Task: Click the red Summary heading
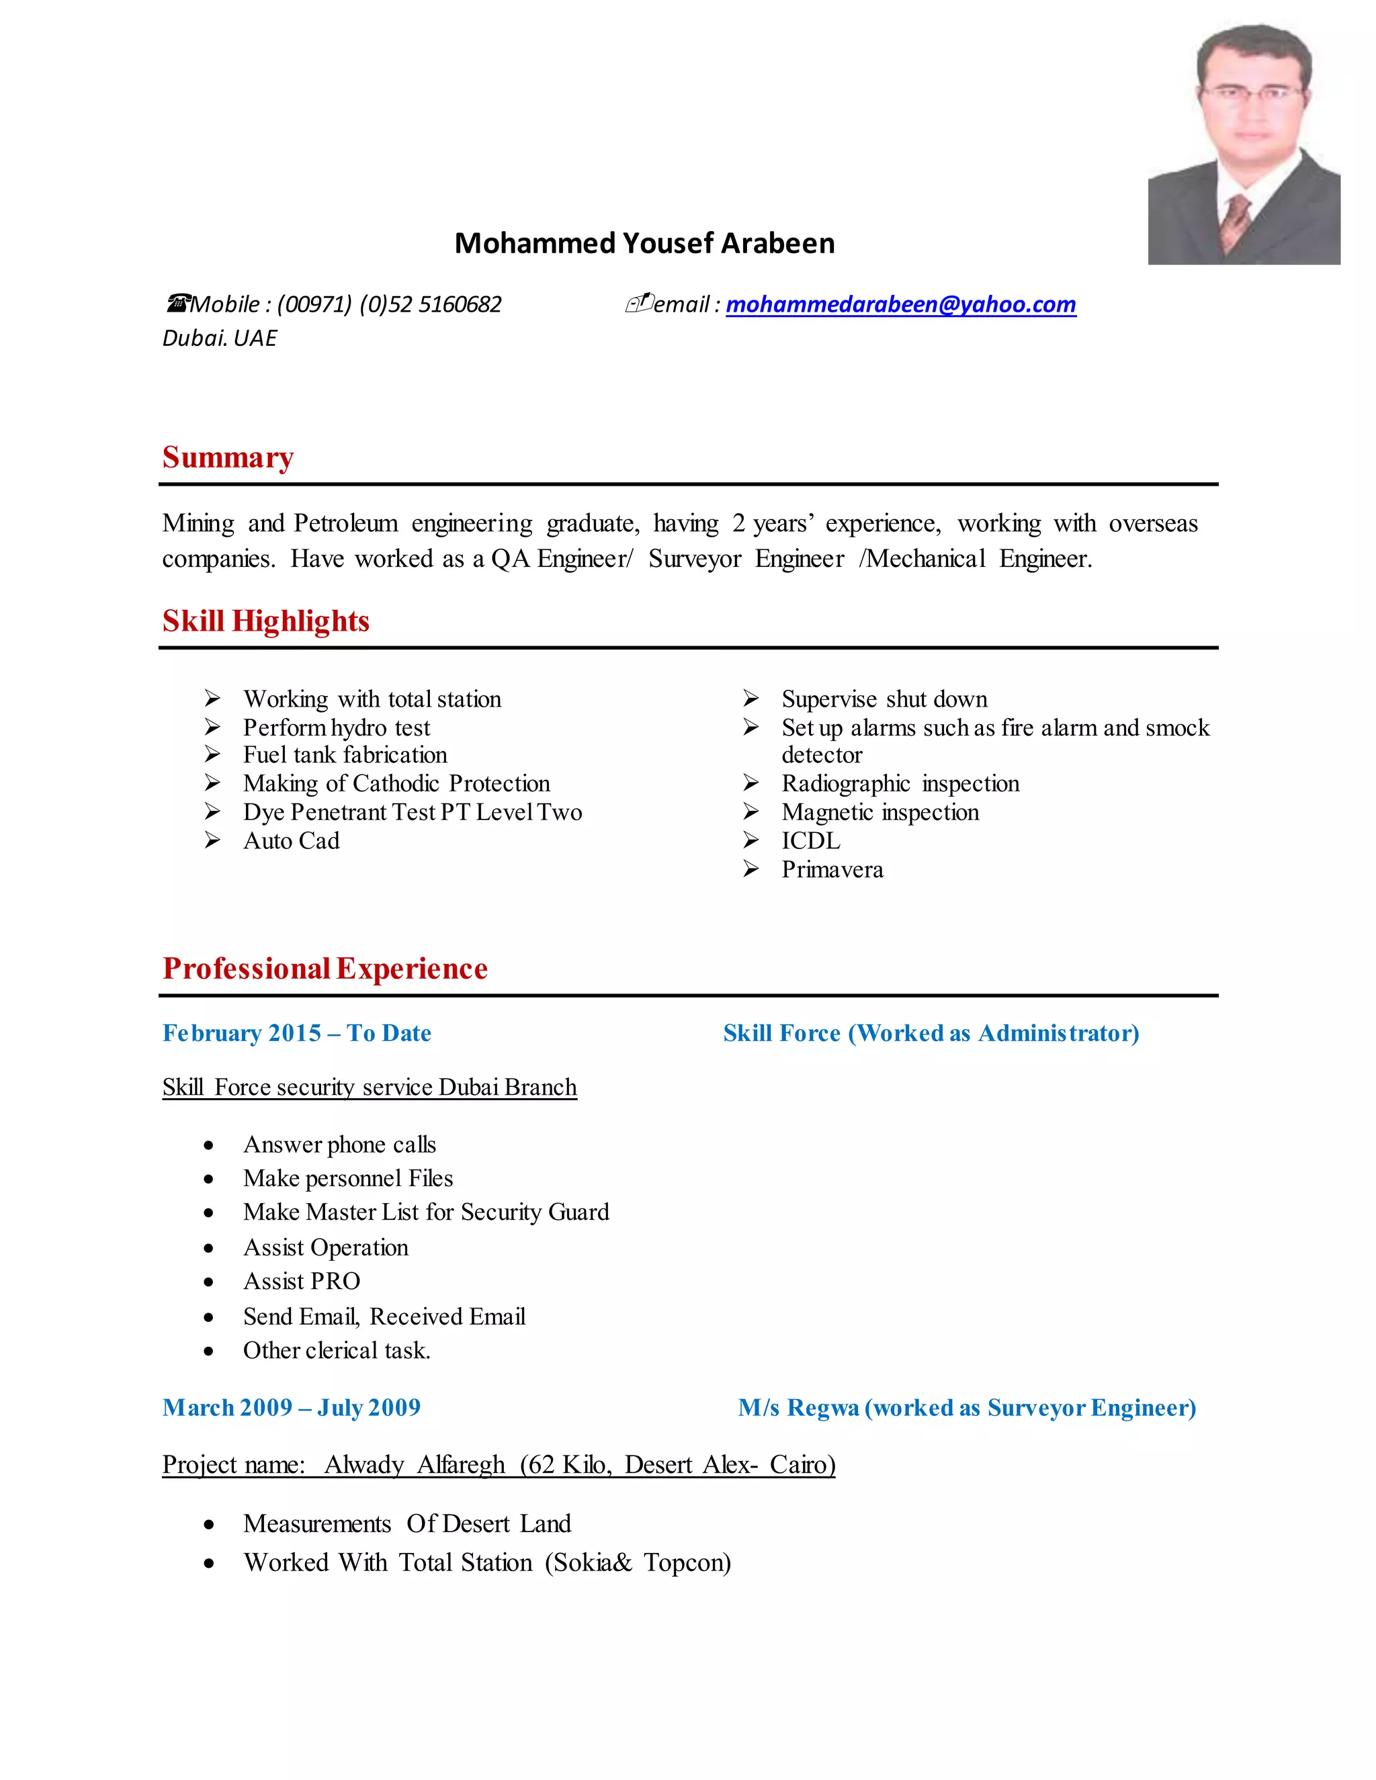click(x=228, y=457)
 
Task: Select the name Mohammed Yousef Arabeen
click(x=644, y=243)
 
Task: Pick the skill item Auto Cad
click(x=291, y=840)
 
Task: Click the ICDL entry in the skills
click(x=810, y=840)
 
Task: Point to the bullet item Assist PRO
click(x=302, y=1281)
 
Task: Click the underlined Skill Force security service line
click(x=370, y=1087)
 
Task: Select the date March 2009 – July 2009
click(x=291, y=1407)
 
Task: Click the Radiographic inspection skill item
click(x=900, y=783)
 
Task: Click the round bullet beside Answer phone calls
click(x=209, y=1145)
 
